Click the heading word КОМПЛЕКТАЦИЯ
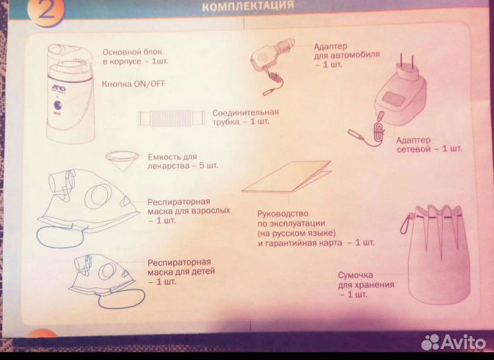tap(248, 5)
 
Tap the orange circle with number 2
tap(46, 12)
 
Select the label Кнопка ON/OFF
tap(133, 84)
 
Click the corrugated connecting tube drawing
tap(172, 118)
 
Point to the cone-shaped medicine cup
tap(122, 160)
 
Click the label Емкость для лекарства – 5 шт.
tap(183, 161)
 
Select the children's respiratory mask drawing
tap(105, 280)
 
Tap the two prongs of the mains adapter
tap(407, 62)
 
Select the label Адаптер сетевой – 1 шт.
tap(429, 145)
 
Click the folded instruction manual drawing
tap(287, 177)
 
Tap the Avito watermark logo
tap(454, 341)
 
